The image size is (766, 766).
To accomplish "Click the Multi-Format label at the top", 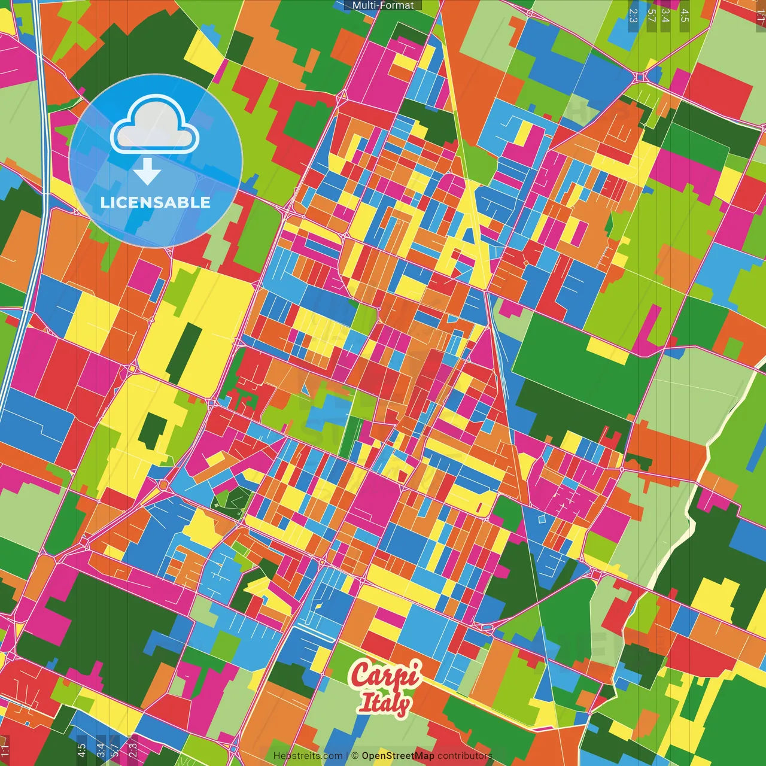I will point(383,5).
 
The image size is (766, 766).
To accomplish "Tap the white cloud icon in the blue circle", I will point(155,126).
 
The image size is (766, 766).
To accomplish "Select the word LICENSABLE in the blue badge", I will point(156,202).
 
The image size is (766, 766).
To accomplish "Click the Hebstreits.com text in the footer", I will point(308,756).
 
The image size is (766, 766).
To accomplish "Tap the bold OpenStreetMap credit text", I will point(398,756).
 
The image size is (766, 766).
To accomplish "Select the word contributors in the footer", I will point(464,756).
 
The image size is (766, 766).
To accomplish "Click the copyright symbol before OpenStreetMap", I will point(355,756).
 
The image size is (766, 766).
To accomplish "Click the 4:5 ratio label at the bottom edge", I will point(81,749).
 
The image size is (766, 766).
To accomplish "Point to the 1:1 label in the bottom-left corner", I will point(5,750).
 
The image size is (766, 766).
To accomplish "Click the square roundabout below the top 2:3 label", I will point(640,77).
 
